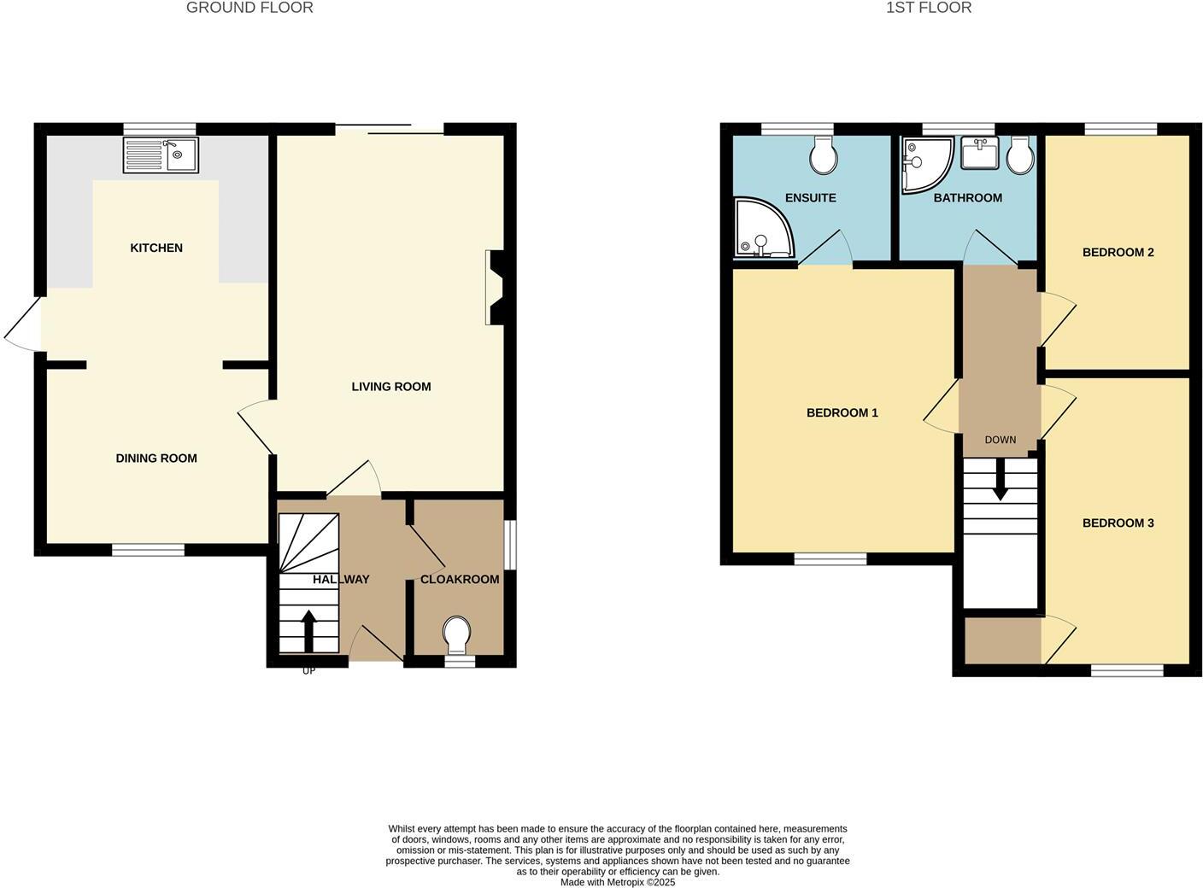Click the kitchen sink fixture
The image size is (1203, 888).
161,155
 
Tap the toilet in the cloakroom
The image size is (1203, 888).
457,634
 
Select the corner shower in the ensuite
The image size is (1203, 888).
762,228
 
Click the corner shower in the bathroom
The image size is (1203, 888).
925,163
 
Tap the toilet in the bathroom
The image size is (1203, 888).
1020,155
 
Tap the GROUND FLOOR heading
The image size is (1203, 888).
249,8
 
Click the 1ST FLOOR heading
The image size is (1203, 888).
929,8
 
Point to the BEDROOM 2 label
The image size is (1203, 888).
1118,252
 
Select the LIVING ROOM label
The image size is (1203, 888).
391,387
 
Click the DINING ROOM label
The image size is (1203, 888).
156,459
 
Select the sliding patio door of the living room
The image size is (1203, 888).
390,130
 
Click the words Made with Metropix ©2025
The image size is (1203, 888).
618,882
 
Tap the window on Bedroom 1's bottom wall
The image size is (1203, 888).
830,559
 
